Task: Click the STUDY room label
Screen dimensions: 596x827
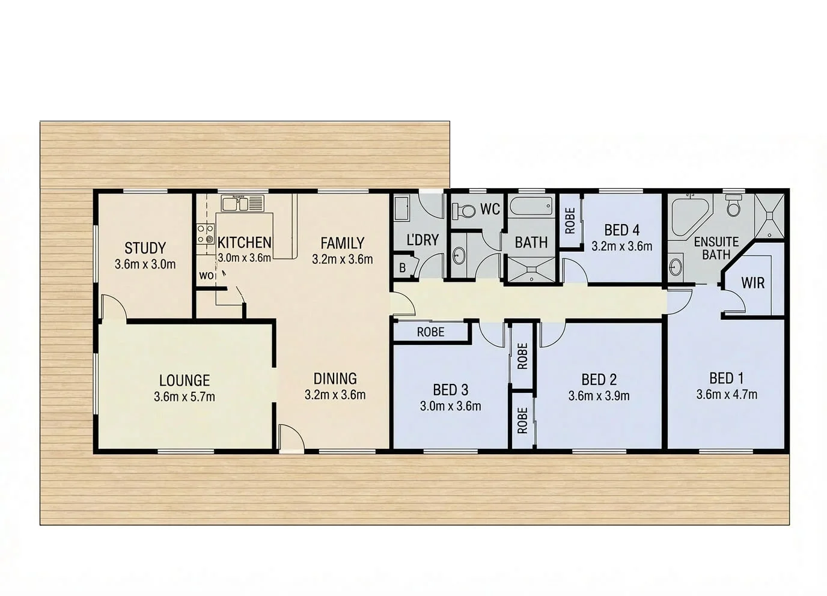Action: click(x=145, y=248)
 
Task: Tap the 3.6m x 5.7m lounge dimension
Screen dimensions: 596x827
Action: click(x=185, y=397)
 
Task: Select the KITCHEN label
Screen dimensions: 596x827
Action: click(x=244, y=243)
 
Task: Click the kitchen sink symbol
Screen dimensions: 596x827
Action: click(x=243, y=204)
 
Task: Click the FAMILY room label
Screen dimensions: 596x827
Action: click(x=342, y=243)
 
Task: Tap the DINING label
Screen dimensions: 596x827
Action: click(x=335, y=379)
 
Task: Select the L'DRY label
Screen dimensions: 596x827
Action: click(x=423, y=240)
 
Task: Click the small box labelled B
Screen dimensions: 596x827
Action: click(x=403, y=268)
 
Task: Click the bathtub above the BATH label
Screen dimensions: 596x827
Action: click(x=531, y=209)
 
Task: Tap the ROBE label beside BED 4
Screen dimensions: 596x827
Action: click(x=570, y=220)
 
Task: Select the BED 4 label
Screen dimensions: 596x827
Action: click(x=621, y=230)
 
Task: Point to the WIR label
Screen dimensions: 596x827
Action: click(x=753, y=282)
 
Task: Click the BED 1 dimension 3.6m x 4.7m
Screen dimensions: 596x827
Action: click(x=727, y=395)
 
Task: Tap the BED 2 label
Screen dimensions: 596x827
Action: click(x=599, y=380)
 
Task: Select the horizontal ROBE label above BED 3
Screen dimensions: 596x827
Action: click(x=431, y=332)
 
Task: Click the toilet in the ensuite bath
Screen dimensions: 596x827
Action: click(x=733, y=206)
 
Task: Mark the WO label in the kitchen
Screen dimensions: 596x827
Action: click(x=206, y=276)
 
